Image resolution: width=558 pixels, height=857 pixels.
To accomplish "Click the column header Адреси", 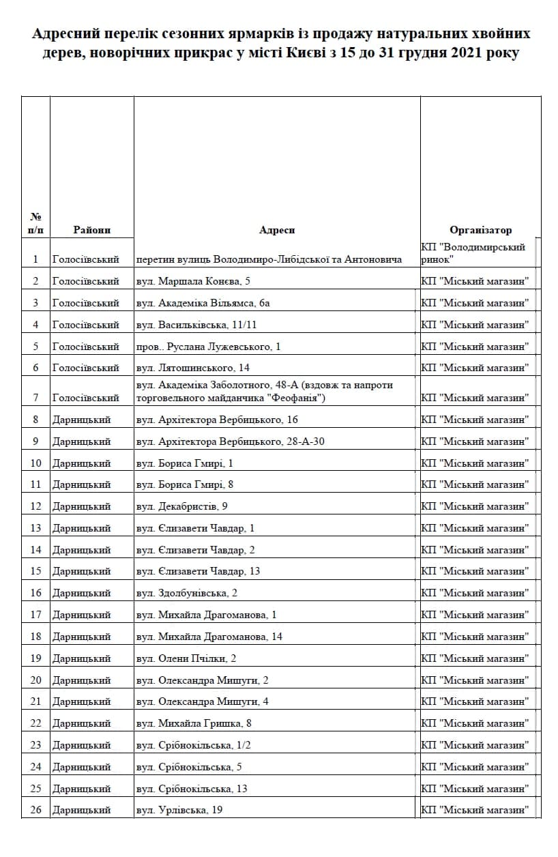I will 277,230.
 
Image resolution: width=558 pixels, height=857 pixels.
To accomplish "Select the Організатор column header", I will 480,230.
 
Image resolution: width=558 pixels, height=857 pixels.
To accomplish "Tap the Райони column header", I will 91,230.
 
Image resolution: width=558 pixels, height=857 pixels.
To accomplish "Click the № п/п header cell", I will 35,223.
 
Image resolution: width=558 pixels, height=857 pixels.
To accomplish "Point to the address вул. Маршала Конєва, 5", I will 194,281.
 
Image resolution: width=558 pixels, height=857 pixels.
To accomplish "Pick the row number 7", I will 35,397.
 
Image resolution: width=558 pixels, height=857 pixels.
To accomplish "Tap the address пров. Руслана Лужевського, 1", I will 208,347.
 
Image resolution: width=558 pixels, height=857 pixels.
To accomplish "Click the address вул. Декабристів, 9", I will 182,506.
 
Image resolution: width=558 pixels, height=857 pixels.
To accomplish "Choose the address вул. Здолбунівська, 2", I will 187,593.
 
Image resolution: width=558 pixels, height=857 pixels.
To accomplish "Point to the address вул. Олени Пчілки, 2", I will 186,658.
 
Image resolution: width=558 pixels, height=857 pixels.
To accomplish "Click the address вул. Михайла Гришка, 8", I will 194,723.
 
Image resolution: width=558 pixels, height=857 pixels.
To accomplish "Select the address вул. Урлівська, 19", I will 179,810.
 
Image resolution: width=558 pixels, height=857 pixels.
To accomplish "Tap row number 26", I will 35,810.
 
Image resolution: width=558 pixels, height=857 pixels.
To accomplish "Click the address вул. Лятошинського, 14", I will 193,368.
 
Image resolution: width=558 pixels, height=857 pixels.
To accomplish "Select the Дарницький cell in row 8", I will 81,420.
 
